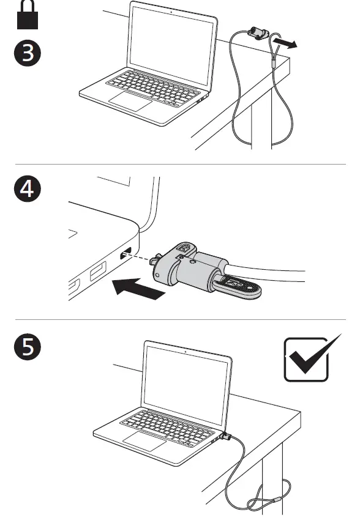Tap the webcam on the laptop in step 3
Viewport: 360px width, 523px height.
[x=169, y=11]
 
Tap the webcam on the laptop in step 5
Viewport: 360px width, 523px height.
[x=185, y=351]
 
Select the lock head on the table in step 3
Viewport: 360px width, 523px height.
[x=256, y=33]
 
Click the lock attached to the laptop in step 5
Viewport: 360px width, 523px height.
[x=226, y=438]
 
